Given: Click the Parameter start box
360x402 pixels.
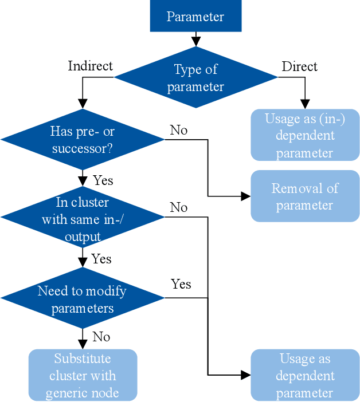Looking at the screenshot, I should point(195,16).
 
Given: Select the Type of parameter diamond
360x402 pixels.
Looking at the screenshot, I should point(195,78).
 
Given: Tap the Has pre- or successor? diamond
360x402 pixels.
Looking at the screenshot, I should point(83,140).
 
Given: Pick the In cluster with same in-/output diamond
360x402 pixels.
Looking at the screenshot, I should point(83,219).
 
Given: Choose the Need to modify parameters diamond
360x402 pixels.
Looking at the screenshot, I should point(83,298).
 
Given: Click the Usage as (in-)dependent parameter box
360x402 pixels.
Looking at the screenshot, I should point(304,135).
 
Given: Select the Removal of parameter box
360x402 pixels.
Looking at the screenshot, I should point(304,196).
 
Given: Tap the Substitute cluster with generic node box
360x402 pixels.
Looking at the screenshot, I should point(83,375).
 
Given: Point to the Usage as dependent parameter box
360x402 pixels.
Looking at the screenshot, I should point(304,375).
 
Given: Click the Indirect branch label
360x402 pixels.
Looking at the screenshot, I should point(90,66).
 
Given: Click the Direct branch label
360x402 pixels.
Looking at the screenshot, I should point(299,66).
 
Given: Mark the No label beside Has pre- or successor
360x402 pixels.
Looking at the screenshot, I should point(178,131).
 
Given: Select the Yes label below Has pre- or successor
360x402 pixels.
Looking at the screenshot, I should point(103,180).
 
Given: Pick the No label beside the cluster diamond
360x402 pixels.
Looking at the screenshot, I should point(178,207).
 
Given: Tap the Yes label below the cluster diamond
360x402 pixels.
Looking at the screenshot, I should point(101,259).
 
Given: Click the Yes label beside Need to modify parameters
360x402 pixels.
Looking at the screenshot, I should point(181,284).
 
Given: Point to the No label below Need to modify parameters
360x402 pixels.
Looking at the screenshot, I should point(101,337).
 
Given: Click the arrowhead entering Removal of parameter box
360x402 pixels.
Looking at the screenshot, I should point(246,196).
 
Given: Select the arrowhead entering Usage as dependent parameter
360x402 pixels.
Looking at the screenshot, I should point(246,375).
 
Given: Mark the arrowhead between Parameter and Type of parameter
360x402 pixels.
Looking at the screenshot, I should point(195,42).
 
